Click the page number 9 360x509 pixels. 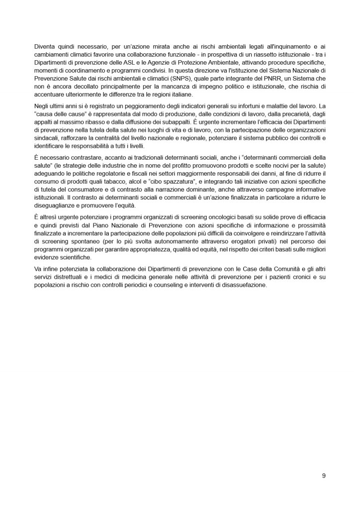click(x=324, y=476)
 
